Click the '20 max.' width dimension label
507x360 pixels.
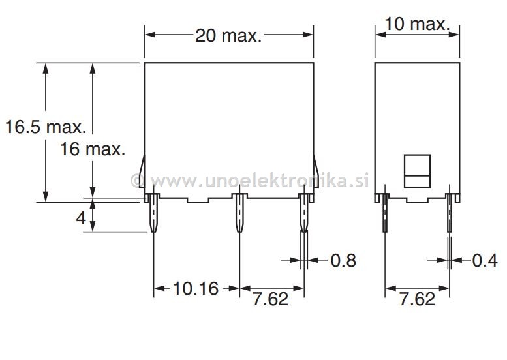[228, 35]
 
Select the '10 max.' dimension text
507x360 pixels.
[416, 24]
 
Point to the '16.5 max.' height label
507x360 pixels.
[46, 127]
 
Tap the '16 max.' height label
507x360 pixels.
[92, 149]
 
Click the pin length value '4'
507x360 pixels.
[81, 218]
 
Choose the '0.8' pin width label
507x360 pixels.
[343, 261]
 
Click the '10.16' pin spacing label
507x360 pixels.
[196, 288]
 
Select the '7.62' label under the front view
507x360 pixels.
[269, 299]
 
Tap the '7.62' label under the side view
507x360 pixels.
[416, 299]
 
